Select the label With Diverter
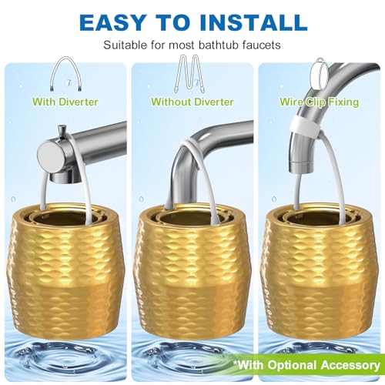65,101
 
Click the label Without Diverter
192,101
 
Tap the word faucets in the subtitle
259,45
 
